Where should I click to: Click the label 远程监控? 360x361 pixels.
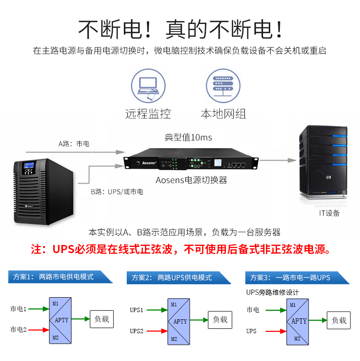[x=148, y=114]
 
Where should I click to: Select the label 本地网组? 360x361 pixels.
[x=223, y=114]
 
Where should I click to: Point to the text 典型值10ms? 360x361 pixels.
[x=188, y=138]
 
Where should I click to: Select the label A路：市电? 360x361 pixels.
[x=74, y=143]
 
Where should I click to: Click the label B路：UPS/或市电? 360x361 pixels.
[x=117, y=192]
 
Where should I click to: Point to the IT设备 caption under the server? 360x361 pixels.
[x=329, y=213]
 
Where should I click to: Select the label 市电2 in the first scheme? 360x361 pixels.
[x=18, y=329]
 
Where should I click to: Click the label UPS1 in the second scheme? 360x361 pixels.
[x=137, y=310]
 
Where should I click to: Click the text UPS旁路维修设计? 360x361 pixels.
[x=272, y=292]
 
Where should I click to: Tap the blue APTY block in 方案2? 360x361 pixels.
[x=180, y=321]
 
